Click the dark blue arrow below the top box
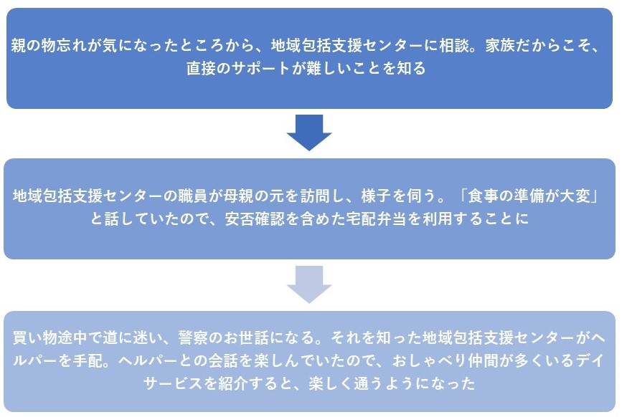point(309,133)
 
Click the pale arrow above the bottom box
point(309,284)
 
